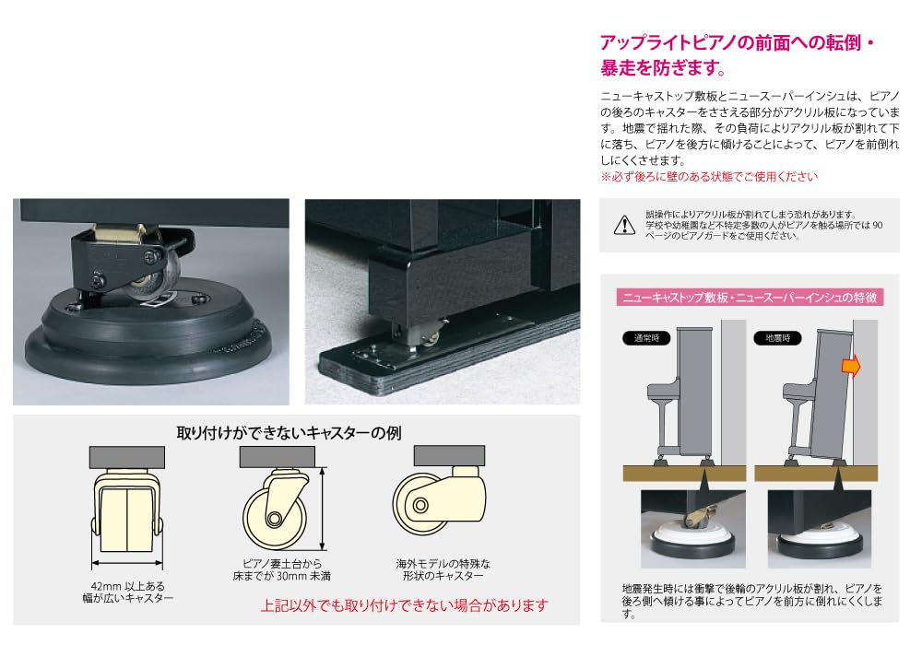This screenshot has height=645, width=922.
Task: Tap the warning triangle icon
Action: pyautogui.click(x=624, y=224)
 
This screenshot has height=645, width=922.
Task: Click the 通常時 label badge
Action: pyautogui.click(x=640, y=337)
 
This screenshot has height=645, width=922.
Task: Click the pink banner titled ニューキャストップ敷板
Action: pyautogui.click(x=751, y=297)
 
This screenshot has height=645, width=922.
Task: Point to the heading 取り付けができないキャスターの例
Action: pyautogui.click(x=289, y=431)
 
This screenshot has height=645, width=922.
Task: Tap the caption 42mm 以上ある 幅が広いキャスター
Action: pyautogui.click(x=127, y=592)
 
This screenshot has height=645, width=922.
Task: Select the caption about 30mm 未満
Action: pyautogui.click(x=280, y=569)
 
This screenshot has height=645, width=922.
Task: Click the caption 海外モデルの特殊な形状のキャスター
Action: pyautogui.click(x=438, y=569)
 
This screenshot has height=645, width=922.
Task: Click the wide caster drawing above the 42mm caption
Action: pyautogui.click(x=127, y=512)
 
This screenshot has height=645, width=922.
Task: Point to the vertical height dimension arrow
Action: pyautogui.click(x=322, y=508)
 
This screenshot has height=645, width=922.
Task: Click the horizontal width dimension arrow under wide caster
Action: pyautogui.click(x=127, y=565)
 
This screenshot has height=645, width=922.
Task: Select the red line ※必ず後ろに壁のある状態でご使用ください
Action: pyautogui.click(x=708, y=176)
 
